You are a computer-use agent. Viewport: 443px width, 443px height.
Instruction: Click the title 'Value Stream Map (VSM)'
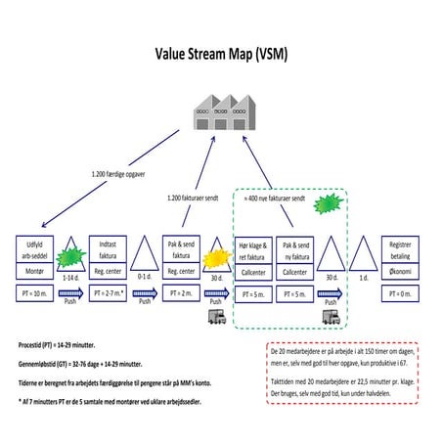coord(221,55)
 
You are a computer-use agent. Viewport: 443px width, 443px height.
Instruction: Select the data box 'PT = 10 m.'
coord(35,291)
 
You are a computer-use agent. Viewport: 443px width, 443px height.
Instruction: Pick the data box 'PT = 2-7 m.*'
coord(107,291)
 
